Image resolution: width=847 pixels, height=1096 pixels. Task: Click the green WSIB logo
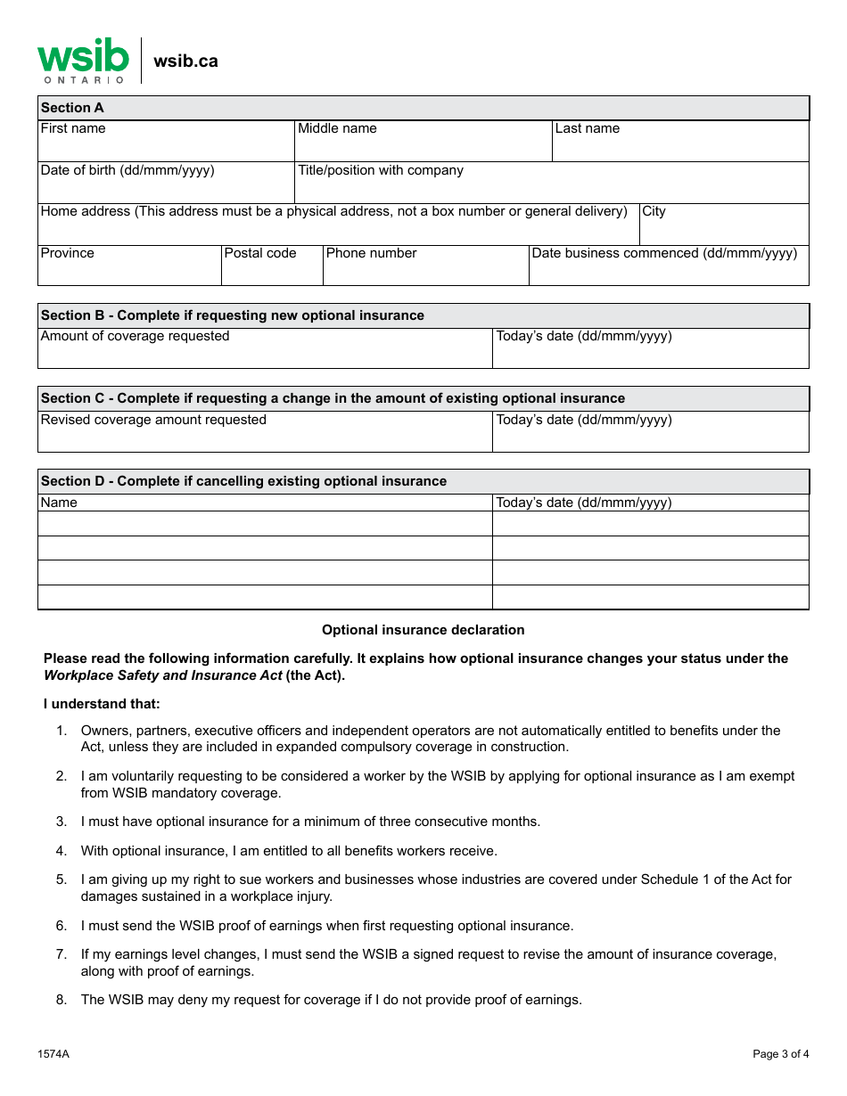(x=83, y=60)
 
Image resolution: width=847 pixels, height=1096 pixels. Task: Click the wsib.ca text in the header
(x=185, y=61)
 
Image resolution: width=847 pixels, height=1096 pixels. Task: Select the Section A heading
(x=72, y=108)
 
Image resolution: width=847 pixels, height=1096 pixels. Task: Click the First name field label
(x=73, y=128)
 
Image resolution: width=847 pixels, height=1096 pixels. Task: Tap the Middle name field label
(x=337, y=128)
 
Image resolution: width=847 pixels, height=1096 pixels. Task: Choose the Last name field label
(x=587, y=128)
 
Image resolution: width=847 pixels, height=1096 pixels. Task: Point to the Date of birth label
(x=127, y=170)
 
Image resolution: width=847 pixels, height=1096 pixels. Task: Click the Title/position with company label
(x=381, y=170)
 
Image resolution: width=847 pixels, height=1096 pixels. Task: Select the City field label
(x=654, y=211)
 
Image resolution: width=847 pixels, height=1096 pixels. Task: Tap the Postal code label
(x=260, y=253)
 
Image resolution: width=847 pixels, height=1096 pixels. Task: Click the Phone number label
(x=371, y=253)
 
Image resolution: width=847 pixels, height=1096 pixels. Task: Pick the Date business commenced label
(x=664, y=253)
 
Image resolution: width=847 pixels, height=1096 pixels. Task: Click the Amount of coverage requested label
(x=136, y=336)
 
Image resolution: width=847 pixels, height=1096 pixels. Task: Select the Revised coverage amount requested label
(x=153, y=420)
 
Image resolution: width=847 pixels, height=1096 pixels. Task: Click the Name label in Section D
(x=59, y=503)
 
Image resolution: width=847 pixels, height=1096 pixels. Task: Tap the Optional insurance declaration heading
(x=423, y=630)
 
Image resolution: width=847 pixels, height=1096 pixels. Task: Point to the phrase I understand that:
(x=102, y=704)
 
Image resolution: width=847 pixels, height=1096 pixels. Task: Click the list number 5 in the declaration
(x=62, y=879)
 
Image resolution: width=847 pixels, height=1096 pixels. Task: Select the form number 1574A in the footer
(x=53, y=1054)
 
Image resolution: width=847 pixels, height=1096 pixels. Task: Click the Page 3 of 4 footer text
(x=780, y=1054)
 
